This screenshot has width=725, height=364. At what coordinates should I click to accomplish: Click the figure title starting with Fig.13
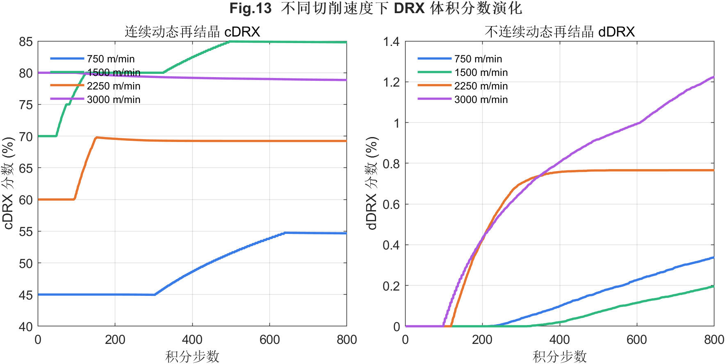point(376,8)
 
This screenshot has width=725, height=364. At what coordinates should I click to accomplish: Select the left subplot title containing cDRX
point(192,32)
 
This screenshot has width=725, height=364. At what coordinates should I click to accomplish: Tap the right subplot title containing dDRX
point(560,32)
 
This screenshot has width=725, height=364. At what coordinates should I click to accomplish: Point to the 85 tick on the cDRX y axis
point(25,41)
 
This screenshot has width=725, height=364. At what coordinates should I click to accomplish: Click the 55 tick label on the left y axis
point(25,232)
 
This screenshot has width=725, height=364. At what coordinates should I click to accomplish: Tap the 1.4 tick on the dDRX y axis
point(391,41)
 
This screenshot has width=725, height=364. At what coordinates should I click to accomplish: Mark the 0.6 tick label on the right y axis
point(391,204)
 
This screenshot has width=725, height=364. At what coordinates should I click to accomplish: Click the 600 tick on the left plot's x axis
point(269,340)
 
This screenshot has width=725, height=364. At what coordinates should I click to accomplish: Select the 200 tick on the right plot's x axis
point(482,340)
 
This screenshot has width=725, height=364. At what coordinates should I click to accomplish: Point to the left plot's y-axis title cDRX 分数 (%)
point(8,183)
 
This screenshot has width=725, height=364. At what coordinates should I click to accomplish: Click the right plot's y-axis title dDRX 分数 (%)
point(372,183)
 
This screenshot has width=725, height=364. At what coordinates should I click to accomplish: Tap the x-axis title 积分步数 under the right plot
point(560,356)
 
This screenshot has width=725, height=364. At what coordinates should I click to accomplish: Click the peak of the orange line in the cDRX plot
point(96,137)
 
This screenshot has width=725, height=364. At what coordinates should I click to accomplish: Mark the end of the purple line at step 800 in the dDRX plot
point(714,77)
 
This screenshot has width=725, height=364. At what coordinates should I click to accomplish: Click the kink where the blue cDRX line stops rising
point(285,233)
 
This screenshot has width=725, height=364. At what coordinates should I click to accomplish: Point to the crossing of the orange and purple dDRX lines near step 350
point(540,176)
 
